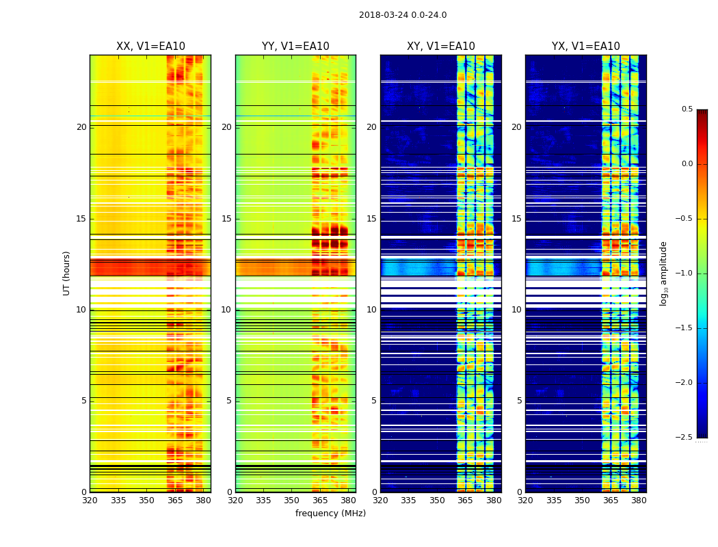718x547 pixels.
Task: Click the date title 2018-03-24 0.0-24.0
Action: click(x=403, y=15)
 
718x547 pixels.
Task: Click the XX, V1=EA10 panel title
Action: click(x=150, y=46)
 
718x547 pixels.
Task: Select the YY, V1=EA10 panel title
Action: click(x=295, y=46)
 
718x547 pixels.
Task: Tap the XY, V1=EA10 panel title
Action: click(x=441, y=46)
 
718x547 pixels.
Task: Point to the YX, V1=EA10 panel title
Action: click(x=586, y=46)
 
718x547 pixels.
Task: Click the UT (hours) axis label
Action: click(x=67, y=273)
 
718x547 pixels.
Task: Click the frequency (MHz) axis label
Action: click(x=330, y=513)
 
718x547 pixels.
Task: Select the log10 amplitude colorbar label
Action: click(x=663, y=273)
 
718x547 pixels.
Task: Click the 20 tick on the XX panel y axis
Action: click(x=81, y=127)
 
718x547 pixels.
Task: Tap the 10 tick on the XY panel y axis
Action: click(x=371, y=310)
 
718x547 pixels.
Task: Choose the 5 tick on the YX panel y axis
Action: click(x=520, y=401)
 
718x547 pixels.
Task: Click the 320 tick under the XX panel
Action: click(x=90, y=501)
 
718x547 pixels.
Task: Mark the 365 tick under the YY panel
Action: click(x=320, y=501)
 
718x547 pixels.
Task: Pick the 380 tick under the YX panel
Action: click(x=639, y=501)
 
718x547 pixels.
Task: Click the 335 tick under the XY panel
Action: click(x=408, y=501)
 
